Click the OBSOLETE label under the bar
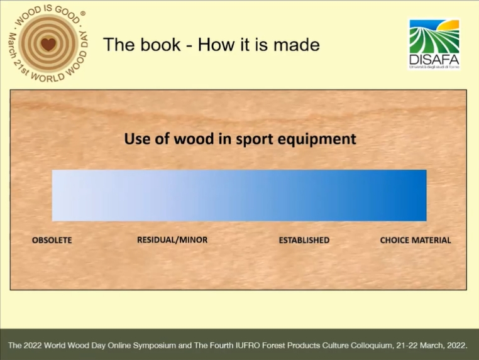[52, 240]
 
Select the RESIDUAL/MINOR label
[172, 240]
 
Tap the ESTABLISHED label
[304, 240]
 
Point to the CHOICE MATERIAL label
[416, 240]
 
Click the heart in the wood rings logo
[48, 44]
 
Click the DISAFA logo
[434, 45]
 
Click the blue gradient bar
[239, 195]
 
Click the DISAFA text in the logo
[434, 60]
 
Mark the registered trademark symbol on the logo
[83, 13]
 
